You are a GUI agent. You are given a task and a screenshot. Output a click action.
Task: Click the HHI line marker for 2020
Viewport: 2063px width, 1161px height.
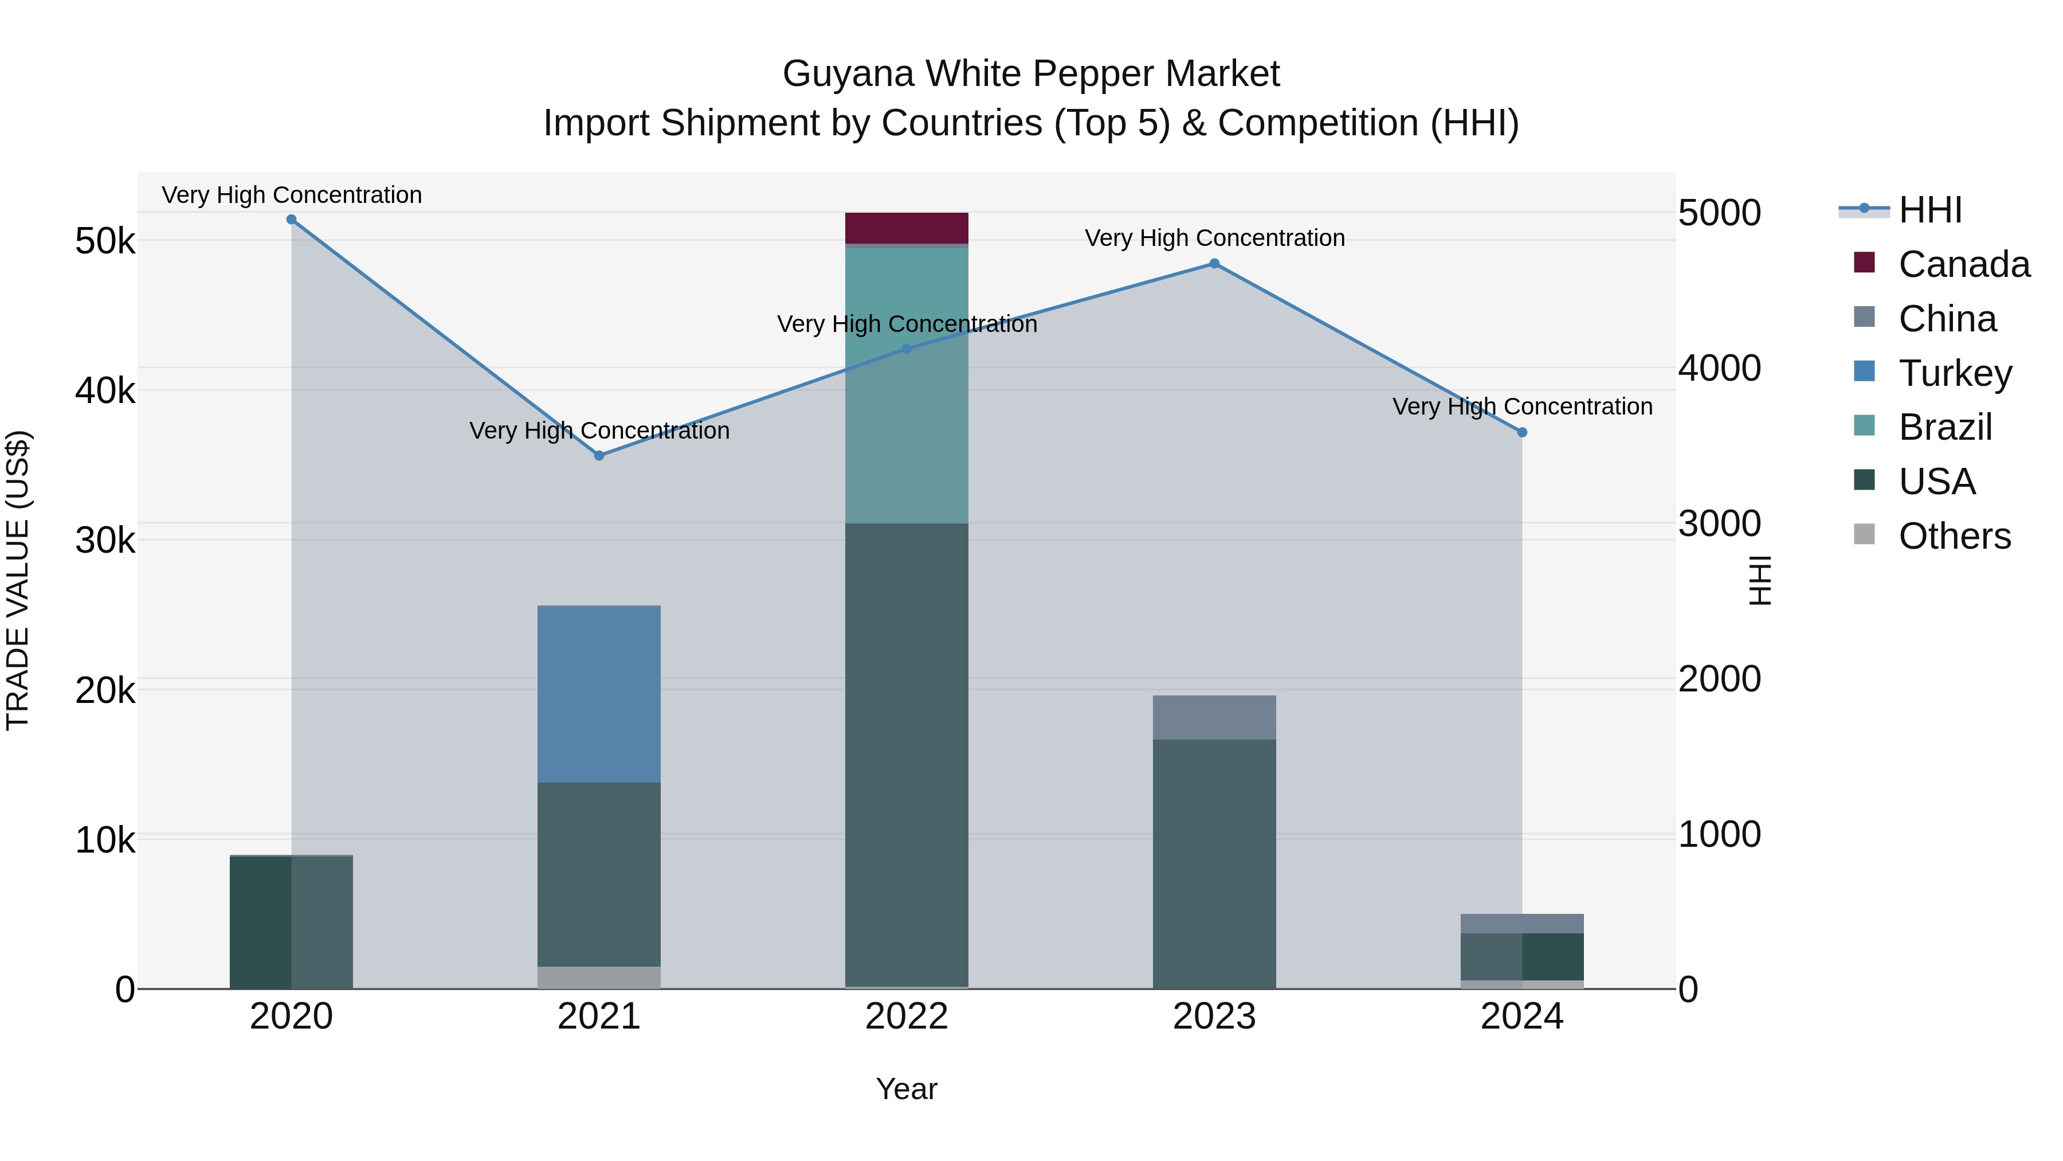pos(292,220)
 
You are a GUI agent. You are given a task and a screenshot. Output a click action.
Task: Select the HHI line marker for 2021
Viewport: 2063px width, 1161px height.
pos(599,455)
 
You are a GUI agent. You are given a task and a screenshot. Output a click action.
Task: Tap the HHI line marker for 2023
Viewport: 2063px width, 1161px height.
pos(1214,264)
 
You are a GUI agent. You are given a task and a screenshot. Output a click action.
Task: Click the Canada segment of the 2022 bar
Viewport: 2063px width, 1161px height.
pos(907,228)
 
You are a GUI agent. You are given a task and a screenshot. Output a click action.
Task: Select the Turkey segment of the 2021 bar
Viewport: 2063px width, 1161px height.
pos(599,694)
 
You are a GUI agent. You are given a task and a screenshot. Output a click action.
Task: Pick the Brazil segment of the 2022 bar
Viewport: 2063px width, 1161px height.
pos(907,385)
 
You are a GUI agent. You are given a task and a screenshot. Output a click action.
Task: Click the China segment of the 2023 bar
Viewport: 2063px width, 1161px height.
pos(1214,717)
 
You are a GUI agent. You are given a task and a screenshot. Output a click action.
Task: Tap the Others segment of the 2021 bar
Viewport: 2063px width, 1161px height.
pos(599,977)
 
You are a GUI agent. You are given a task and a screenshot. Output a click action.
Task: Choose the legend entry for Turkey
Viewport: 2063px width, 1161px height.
pos(1954,373)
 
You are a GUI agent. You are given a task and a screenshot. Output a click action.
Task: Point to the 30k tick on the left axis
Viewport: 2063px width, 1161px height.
pos(105,541)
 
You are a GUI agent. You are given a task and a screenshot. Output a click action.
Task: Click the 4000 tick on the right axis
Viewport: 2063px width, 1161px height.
pos(1719,369)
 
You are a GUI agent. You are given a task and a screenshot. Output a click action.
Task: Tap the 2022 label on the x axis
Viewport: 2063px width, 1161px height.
pos(907,1017)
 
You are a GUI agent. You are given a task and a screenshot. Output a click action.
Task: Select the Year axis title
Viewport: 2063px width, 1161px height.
pos(907,1089)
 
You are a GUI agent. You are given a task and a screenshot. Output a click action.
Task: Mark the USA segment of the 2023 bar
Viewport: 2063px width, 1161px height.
pos(1214,864)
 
